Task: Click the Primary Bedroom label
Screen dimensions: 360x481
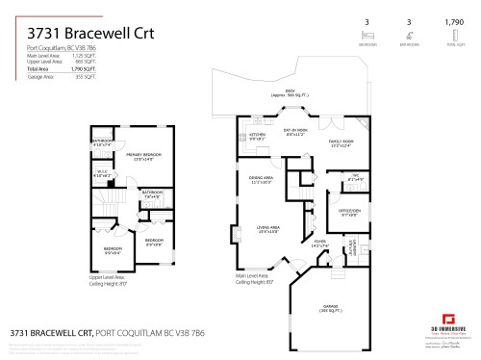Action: pyautogui.click(x=143, y=157)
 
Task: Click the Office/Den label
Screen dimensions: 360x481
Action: pyautogui.click(x=349, y=211)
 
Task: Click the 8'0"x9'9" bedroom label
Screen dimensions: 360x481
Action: pyautogui.click(x=154, y=242)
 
